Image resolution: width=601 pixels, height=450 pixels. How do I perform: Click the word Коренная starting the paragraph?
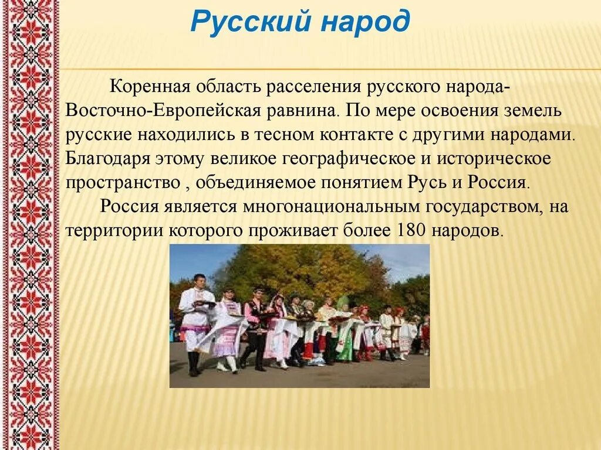coord(149,87)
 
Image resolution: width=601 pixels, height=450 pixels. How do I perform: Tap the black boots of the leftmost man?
coord(194,363)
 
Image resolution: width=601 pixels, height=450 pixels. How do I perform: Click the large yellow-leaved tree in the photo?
coord(305,270)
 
